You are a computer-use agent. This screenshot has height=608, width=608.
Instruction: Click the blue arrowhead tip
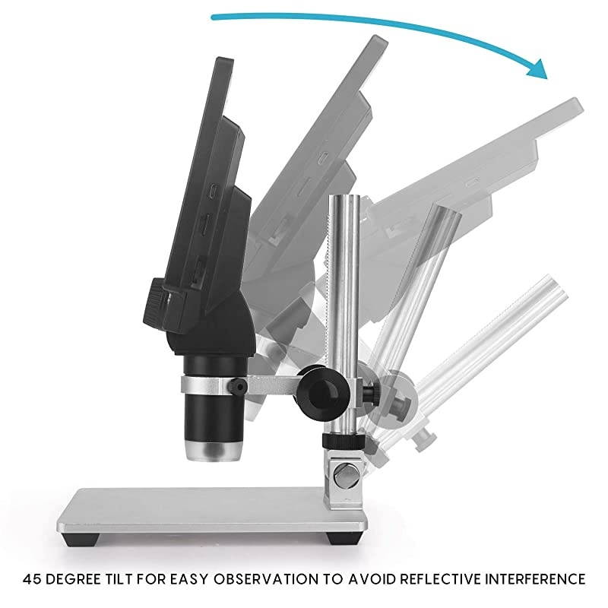546,79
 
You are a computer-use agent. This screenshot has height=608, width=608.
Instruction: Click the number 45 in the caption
32,579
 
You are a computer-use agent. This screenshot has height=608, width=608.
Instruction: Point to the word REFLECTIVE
440,579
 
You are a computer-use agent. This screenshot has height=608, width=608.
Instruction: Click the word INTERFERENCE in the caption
536,579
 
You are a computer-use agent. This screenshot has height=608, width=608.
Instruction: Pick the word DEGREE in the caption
73,579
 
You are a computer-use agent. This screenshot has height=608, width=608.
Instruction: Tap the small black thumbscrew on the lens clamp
237,387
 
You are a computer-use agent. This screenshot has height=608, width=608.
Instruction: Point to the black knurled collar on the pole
344,441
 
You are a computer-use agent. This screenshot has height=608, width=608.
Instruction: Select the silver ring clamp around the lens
212,385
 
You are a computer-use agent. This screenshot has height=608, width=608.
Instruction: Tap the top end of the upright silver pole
344,197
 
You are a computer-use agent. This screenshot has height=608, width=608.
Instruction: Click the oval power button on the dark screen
213,191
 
